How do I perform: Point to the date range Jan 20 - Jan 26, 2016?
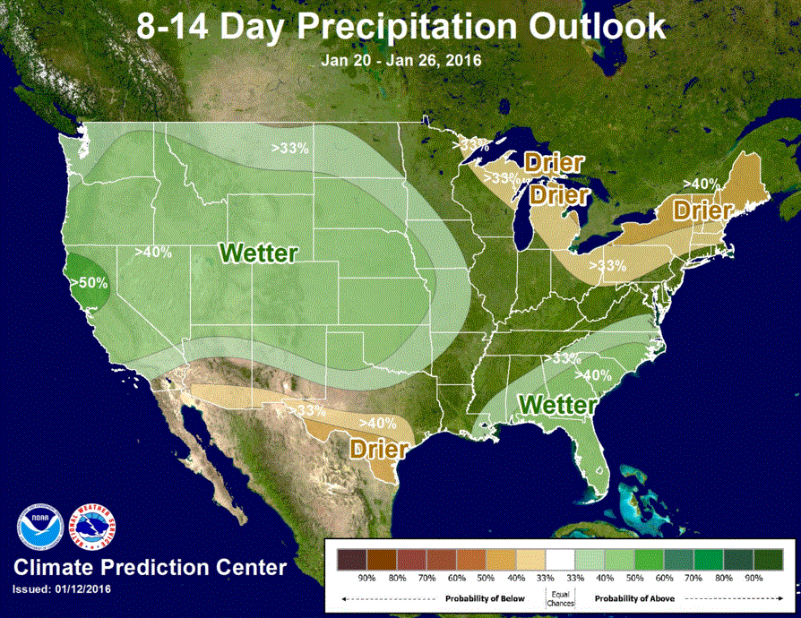(401, 61)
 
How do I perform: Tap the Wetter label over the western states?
(259, 253)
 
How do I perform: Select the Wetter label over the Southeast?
(557, 405)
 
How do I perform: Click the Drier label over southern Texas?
(380, 446)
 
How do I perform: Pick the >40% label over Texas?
(377, 422)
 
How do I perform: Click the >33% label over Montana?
(290, 148)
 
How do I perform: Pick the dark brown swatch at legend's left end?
(352, 560)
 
